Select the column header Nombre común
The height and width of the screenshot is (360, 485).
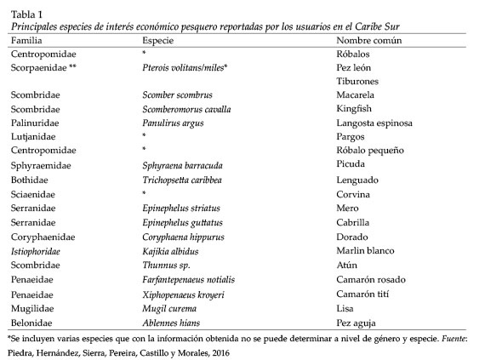370,40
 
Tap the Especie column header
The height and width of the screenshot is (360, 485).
159,40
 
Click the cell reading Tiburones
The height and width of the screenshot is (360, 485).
358,81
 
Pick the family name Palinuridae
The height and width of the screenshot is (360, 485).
34,123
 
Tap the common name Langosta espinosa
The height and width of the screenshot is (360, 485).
374,123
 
